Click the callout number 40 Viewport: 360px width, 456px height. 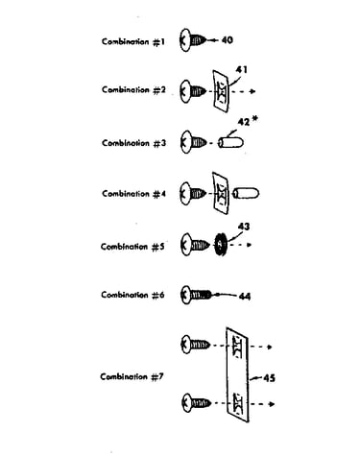click(x=227, y=40)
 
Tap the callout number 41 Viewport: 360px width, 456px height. click(x=242, y=69)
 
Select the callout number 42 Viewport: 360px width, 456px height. click(x=244, y=122)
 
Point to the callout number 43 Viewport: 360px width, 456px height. click(x=244, y=227)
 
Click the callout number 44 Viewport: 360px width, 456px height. click(x=245, y=297)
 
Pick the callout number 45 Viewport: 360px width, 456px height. click(x=269, y=378)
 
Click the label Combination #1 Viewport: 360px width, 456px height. click(x=133, y=41)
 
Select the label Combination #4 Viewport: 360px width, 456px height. click(x=134, y=194)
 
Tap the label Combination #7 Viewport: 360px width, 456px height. click(x=132, y=376)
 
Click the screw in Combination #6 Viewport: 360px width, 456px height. click(x=196, y=295)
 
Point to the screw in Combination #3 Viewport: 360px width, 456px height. click(x=194, y=142)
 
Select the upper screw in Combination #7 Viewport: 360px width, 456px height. click(x=196, y=345)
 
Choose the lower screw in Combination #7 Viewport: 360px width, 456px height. click(x=196, y=402)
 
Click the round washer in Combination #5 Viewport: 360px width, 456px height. click(x=220, y=245)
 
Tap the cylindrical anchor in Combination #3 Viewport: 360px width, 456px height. click(x=230, y=142)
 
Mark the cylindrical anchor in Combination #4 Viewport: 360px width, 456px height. click(x=246, y=193)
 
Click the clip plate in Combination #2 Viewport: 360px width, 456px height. click(x=222, y=91)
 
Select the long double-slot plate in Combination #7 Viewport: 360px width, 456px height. click(x=237, y=374)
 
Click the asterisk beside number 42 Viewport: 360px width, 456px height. click(x=254, y=119)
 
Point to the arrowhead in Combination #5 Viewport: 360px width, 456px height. click(x=249, y=245)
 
